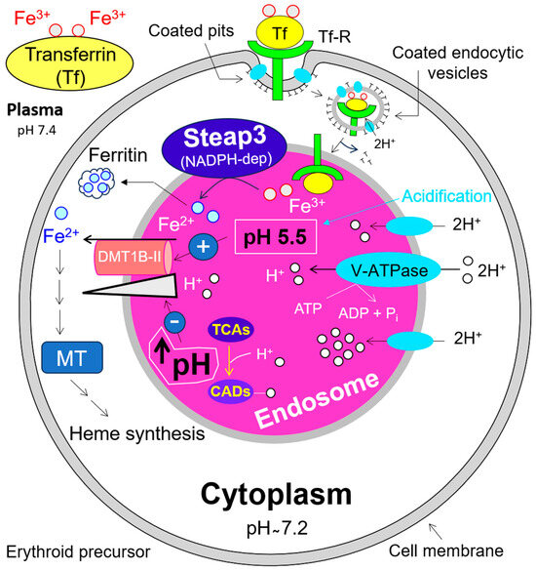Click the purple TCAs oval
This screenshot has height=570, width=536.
[234, 332]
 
